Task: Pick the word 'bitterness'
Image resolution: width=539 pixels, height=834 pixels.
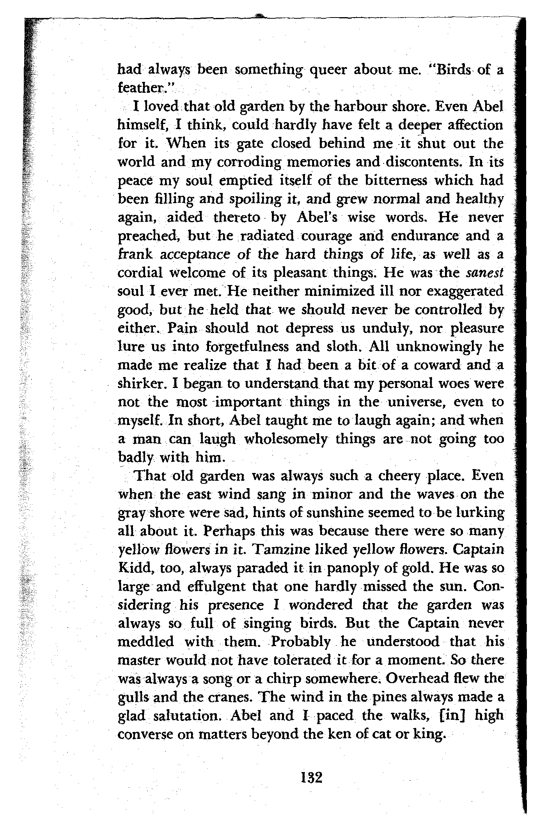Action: point(398,181)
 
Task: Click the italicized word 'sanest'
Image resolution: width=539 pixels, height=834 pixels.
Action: point(484,273)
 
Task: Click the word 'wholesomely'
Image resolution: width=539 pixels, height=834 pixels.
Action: point(286,439)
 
